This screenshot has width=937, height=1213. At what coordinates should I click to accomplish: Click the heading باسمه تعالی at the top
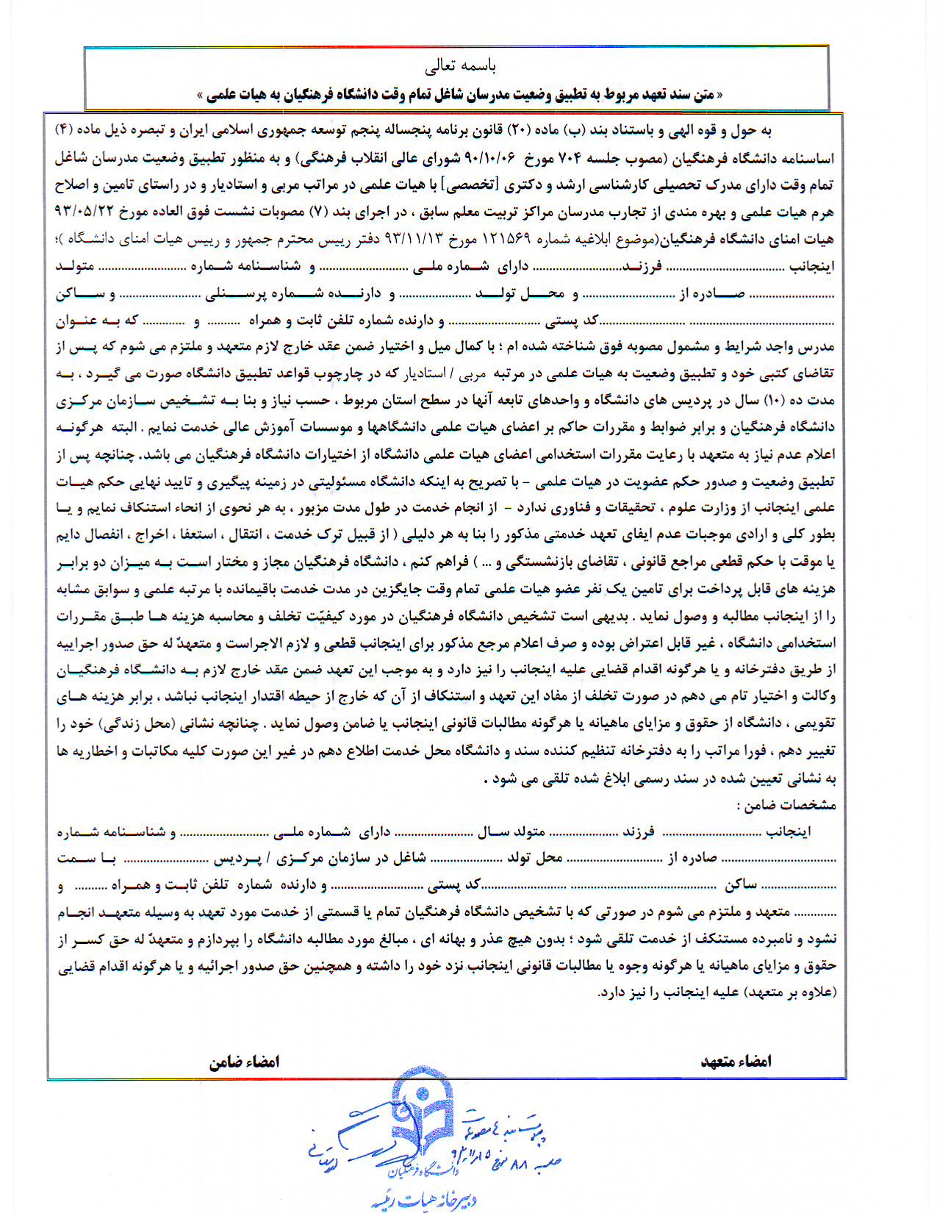coord(460,66)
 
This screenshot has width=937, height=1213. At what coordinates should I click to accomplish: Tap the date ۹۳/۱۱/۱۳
coord(415,240)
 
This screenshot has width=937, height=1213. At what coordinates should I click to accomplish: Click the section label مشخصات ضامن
coord(787,805)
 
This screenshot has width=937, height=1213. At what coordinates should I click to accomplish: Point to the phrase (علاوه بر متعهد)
coord(789,992)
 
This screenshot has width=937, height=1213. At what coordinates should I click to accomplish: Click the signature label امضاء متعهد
coord(736,1061)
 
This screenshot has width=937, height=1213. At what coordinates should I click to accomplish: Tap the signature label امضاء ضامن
coord(245,1062)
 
